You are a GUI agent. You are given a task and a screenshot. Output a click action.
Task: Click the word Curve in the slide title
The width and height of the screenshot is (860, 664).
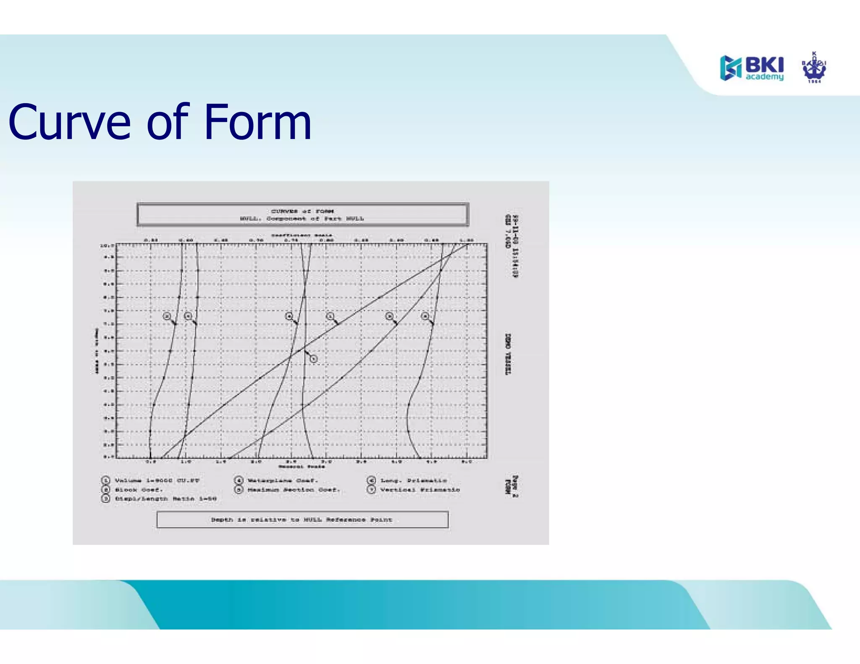69,123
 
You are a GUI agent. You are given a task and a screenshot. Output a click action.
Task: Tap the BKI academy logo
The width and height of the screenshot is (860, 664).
752,68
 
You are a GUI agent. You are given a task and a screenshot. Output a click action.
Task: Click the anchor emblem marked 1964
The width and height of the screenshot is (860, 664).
814,68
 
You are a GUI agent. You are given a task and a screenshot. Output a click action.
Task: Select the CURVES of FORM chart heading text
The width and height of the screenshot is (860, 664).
302,211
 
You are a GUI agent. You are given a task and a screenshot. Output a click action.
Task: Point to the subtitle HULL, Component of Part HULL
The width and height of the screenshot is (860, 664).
302,219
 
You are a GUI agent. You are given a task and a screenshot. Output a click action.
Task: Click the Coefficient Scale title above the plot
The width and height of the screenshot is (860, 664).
302,235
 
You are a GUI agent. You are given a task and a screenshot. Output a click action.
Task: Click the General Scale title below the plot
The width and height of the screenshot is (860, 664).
302,466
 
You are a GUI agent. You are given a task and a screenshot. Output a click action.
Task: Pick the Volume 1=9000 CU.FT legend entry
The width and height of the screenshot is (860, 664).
157,481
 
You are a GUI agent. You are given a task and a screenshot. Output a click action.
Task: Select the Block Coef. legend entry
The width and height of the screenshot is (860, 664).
139,490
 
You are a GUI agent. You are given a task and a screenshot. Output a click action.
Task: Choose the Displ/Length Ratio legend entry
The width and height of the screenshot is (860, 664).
165,499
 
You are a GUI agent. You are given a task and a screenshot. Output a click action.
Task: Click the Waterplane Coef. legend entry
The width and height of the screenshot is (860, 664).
283,481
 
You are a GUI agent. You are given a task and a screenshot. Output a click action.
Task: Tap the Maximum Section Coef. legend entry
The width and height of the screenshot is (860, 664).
293,490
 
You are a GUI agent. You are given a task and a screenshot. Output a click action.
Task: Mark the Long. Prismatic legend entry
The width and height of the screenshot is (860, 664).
413,481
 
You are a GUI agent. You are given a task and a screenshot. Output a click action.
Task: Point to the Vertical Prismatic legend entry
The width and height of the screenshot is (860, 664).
420,490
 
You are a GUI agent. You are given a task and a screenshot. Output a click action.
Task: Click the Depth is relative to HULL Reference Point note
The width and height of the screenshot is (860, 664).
302,520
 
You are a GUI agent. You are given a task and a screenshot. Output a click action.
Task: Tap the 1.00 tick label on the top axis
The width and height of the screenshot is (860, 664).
467,241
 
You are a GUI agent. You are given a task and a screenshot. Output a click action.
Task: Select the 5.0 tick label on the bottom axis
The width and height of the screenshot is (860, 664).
467,461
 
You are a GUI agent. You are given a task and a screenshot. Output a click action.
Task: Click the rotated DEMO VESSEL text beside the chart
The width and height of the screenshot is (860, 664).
508,354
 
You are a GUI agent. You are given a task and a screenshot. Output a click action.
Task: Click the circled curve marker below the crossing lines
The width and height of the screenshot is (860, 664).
313,359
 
